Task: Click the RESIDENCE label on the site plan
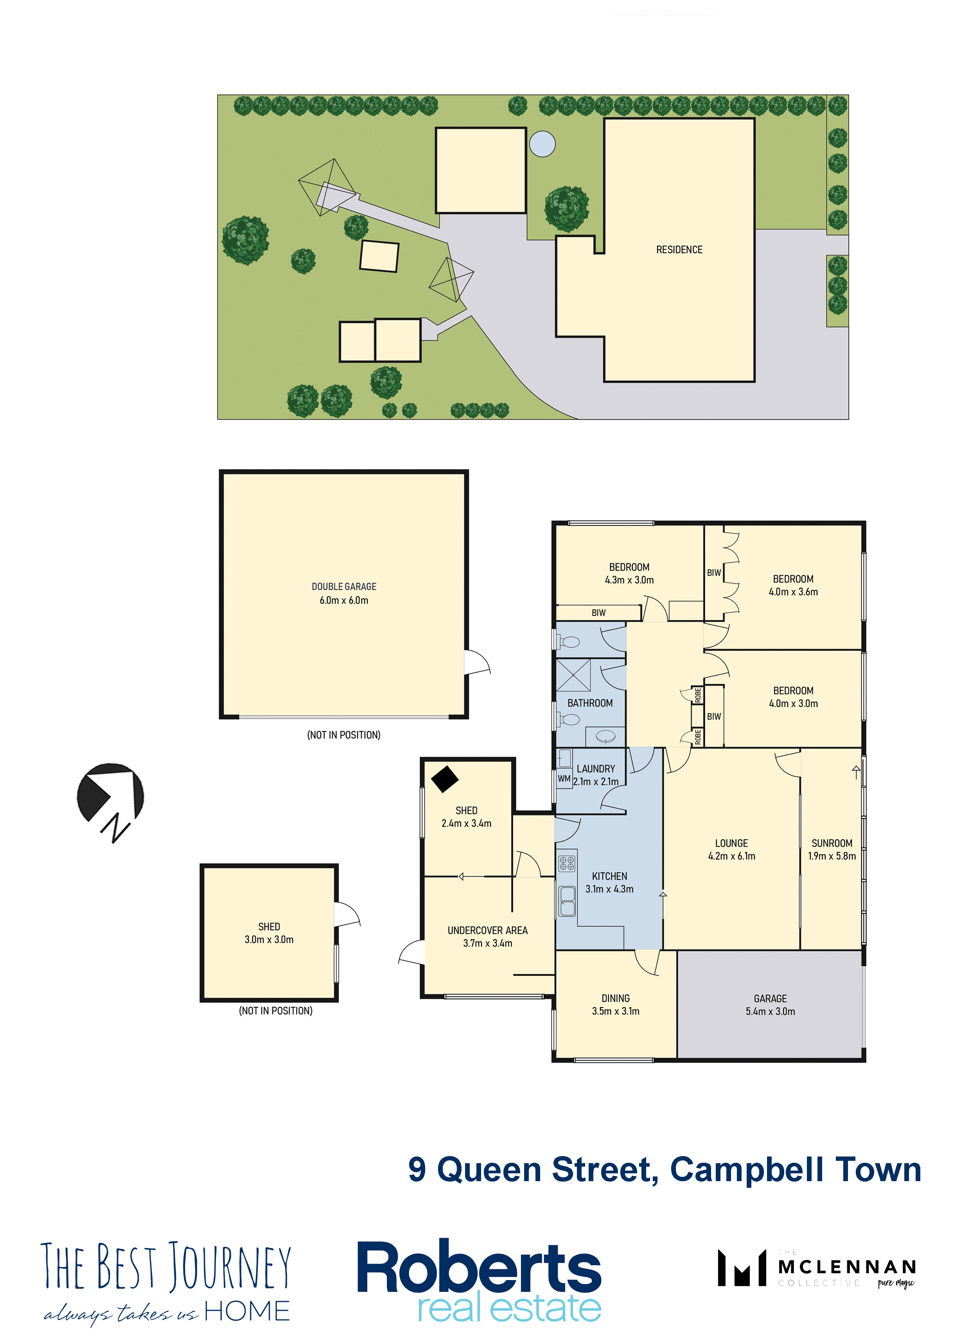679,250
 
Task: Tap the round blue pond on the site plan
542,144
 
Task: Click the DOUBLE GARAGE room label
344,587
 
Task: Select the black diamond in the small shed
445,779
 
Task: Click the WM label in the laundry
564,779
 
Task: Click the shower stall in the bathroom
573,675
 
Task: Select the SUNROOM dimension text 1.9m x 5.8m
832,856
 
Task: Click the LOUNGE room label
731,843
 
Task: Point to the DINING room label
616,998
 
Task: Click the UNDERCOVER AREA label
487,930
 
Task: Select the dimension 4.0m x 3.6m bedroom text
793,592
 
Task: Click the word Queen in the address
489,1170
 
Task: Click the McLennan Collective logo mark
742,1268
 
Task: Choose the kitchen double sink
567,901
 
